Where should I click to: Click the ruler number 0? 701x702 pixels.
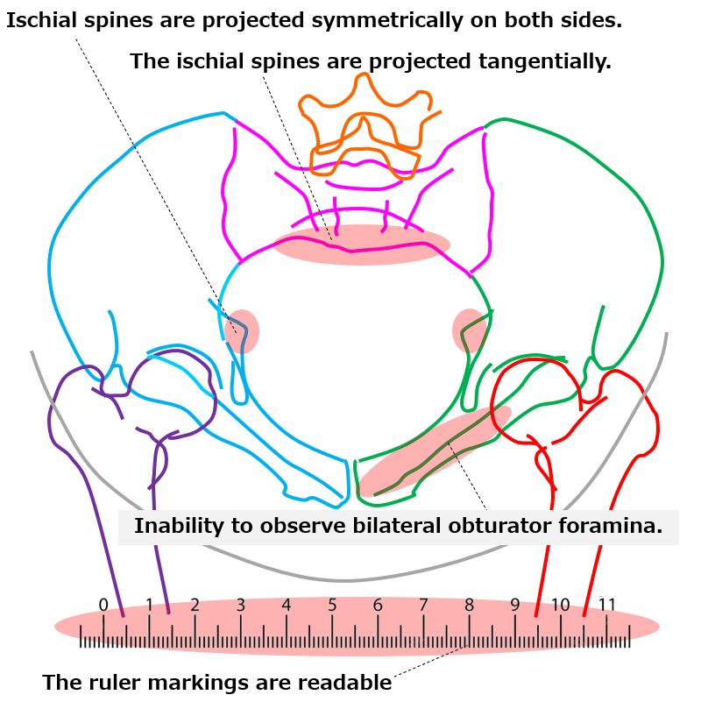click(x=103, y=605)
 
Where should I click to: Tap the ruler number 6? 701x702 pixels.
click(x=378, y=605)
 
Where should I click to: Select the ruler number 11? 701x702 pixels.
click(x=607, y=605)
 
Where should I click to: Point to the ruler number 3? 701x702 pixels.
click(x=241, y=605)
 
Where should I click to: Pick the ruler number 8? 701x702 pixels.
click(x=470, y=605)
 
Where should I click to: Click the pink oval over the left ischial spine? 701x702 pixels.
click(x=242, y=331)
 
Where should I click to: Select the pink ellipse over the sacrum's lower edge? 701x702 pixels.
click(x=362, y=245)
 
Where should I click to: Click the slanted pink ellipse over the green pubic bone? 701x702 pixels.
click(x=435, y=450)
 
